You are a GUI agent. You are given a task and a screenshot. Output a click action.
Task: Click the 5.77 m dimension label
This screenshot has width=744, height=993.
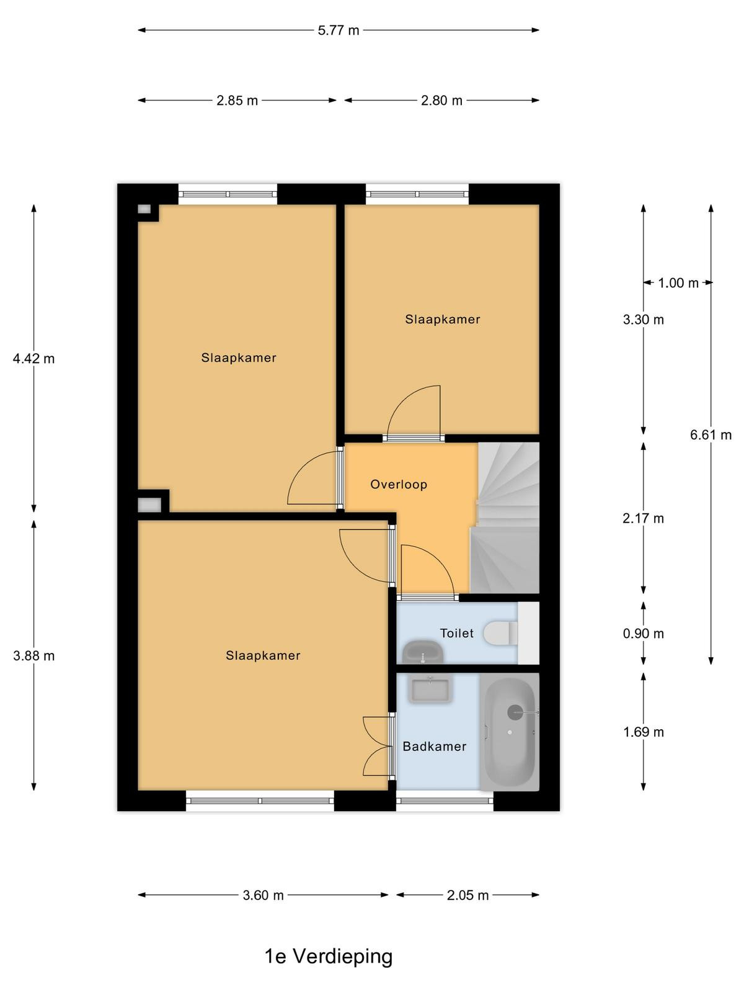[339, 30]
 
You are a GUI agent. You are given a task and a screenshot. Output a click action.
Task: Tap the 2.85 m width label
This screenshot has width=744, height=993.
[237, 101]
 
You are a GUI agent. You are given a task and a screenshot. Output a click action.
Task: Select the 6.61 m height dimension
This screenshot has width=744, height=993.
[711, 435]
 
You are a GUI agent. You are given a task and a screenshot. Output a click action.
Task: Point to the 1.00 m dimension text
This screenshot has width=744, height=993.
[678, 283]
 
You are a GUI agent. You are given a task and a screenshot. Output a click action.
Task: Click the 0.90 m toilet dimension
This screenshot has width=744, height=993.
[644, 634]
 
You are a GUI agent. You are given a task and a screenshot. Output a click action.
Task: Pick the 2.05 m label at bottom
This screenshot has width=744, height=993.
[467, 896]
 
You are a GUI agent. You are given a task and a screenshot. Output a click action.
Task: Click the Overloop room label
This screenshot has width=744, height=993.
[399, 485]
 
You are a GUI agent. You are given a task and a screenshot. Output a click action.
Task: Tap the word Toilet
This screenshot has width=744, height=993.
[457, 633]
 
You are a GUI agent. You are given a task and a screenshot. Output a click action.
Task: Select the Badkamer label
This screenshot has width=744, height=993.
[434, 747]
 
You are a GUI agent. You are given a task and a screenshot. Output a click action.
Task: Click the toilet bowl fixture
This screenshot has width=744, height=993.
[500, 633]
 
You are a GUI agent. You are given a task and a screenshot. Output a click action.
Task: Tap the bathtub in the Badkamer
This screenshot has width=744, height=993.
[510, 732]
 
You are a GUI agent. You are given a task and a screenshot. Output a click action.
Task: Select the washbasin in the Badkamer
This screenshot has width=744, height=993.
[430, 690]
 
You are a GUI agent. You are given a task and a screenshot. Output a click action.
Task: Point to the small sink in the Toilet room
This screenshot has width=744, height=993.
[423, 652]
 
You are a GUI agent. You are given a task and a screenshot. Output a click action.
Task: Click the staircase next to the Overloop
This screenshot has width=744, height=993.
[507, 518]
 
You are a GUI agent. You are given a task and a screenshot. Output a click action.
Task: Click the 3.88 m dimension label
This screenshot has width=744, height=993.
[34, 655]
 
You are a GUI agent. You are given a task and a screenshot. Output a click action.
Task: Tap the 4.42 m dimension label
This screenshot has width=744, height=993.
[34, 359]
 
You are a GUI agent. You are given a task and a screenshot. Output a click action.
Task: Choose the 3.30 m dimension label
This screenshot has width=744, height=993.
[644, 320]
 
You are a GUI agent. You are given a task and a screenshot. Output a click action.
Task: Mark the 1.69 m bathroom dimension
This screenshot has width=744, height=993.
[644, 732]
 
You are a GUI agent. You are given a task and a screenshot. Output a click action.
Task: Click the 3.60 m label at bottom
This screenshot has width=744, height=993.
[263, 896]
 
